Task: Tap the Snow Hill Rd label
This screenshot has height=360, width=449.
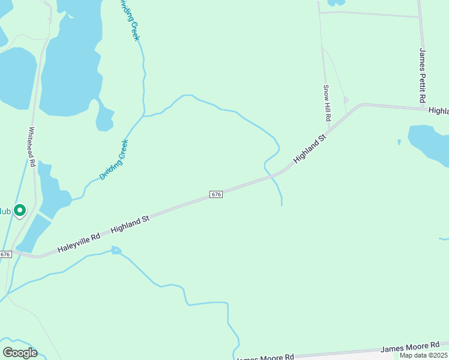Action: tap(327, 103)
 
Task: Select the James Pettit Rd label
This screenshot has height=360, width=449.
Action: tap(423, 74)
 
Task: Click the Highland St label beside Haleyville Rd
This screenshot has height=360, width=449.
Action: tap(130, 226)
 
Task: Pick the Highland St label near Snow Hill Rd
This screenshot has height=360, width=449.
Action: tap(309, 149)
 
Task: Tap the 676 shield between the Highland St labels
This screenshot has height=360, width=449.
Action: tap(217, 194)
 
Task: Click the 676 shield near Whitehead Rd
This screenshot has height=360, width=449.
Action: tap(5, 254)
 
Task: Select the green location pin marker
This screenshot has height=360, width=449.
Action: tap(20, 211)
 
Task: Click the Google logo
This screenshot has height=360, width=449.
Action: tap(20, 353)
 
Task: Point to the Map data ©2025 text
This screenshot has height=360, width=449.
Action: tap(424, 355)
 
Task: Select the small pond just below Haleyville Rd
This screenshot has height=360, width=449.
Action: tap(116, 250)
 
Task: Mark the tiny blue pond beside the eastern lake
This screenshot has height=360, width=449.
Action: tap(399, 142)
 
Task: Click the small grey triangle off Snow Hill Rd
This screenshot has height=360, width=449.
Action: tap(346, 100)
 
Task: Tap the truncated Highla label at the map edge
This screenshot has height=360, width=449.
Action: tap(438, 111)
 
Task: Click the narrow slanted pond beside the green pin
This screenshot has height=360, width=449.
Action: tap(32, 233)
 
